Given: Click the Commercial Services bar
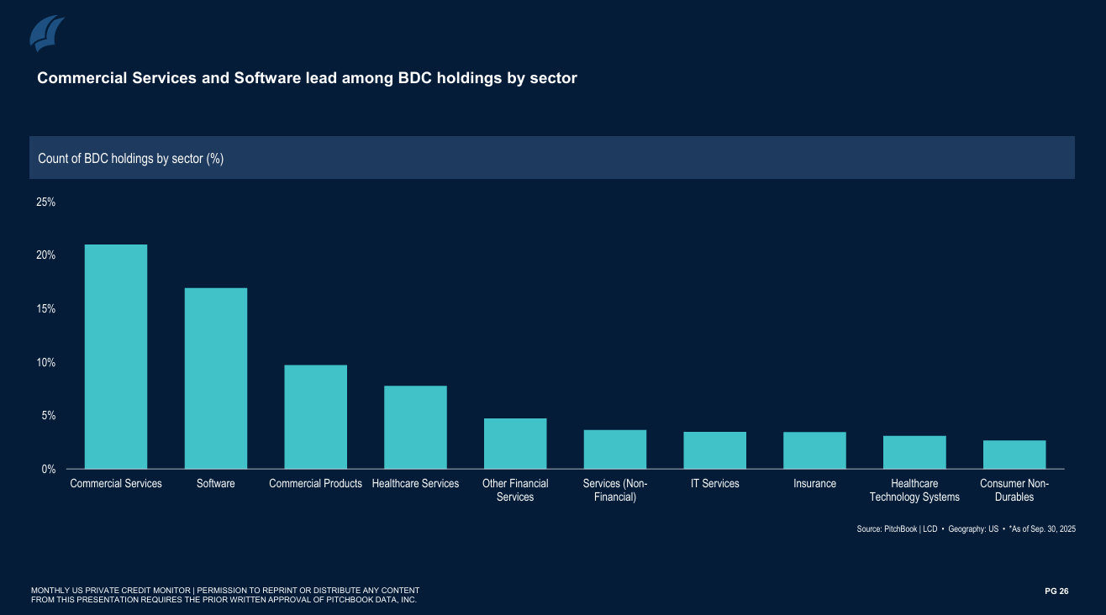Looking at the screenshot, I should (116, 356).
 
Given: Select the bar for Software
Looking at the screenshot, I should (216, 378).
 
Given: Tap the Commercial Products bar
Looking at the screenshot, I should (315, 417).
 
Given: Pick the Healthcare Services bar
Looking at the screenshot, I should (415, 427).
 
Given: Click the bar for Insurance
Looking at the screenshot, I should (814, 450).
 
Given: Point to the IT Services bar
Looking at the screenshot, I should (714, 450).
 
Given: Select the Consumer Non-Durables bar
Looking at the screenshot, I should (1014, 455).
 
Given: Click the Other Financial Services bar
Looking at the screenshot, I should (515, 444).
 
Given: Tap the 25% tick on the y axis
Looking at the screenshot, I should (45, 202).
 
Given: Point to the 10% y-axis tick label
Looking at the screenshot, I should (45, 362).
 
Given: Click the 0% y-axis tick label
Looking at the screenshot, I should (48, 469).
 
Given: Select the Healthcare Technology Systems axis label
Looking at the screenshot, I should (914, 490).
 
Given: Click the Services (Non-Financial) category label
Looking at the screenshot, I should (615, 490).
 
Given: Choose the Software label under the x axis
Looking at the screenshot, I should (216, 483).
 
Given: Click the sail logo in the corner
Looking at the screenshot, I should (48, 34).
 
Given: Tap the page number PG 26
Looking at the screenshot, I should (1056, 591).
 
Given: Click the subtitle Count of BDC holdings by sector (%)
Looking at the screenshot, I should (130, 158).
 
